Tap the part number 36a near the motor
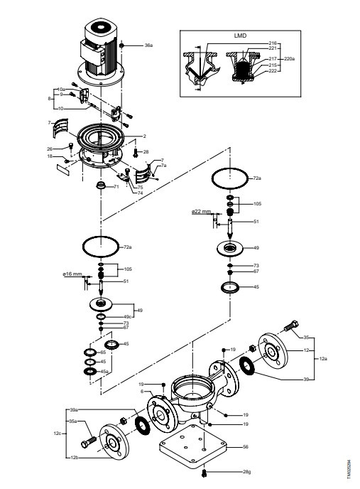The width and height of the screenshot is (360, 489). [148, 45]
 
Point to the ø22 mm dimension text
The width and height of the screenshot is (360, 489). [202, 212]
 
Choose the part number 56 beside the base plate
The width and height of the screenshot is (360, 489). [246, 448]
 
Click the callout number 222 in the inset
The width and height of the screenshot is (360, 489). [273, 71]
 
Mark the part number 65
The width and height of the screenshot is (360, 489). [102, 353]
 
